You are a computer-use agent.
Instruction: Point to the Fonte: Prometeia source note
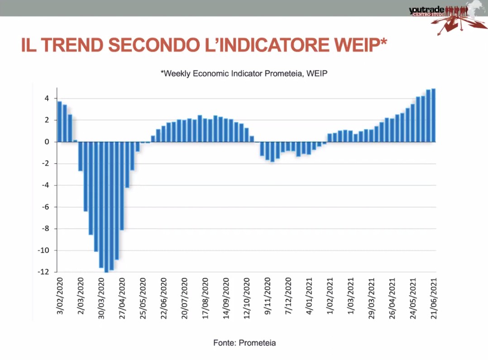244,343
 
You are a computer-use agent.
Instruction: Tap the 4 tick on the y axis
47,98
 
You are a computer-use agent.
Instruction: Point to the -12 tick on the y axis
44,272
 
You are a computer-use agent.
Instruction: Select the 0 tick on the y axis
47,142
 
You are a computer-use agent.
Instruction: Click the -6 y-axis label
45,207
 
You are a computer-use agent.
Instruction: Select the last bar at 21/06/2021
433,115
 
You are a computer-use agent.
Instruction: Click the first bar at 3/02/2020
60,121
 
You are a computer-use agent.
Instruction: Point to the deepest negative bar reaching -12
106,207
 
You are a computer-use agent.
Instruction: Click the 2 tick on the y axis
47,120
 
